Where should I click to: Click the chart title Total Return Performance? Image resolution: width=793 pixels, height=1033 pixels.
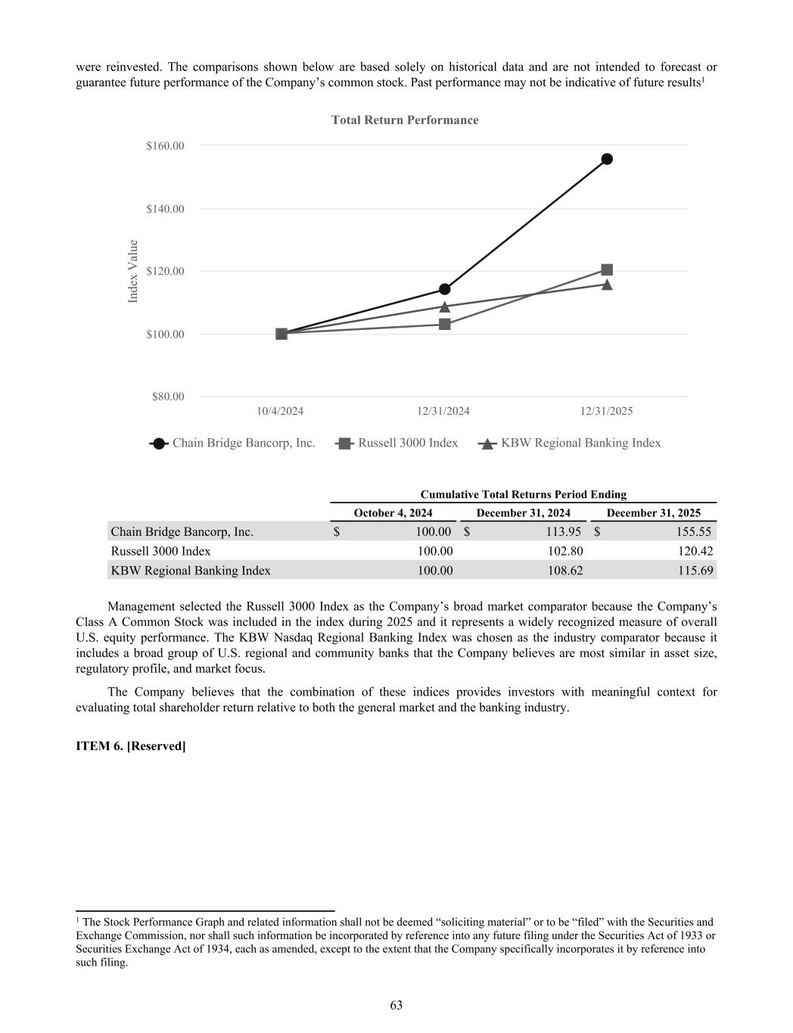(405, 120)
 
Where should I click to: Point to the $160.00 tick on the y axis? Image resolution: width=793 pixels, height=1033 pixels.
(165, 145)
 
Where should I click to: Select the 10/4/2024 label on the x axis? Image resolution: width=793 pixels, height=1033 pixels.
(280, 412)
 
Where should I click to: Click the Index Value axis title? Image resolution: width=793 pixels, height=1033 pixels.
(133, 271)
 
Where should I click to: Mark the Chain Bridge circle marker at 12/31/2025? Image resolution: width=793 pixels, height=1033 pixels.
(607, 159)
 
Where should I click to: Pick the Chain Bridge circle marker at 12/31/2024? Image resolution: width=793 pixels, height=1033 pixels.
(445, 289)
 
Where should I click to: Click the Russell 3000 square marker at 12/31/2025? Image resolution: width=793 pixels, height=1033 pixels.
(607, 269)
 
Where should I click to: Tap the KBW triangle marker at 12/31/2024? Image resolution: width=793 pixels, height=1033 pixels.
(445, 306)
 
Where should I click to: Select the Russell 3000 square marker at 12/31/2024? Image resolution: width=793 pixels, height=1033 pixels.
(445, 324)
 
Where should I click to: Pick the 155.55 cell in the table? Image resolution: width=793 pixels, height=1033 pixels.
(693, 532)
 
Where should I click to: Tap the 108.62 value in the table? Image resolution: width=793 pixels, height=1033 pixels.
(564, 571)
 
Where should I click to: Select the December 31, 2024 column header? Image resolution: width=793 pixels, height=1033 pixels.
(523, 513)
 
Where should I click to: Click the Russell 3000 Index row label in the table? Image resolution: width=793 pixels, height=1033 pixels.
(160, 552)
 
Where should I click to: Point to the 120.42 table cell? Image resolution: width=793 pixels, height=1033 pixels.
(695, 552)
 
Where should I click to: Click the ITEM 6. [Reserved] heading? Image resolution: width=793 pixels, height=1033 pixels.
(131, 746)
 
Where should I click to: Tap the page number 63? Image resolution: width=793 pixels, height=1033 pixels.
(396, 1006)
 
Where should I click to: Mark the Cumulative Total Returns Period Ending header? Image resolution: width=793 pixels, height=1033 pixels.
(523, 495)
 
